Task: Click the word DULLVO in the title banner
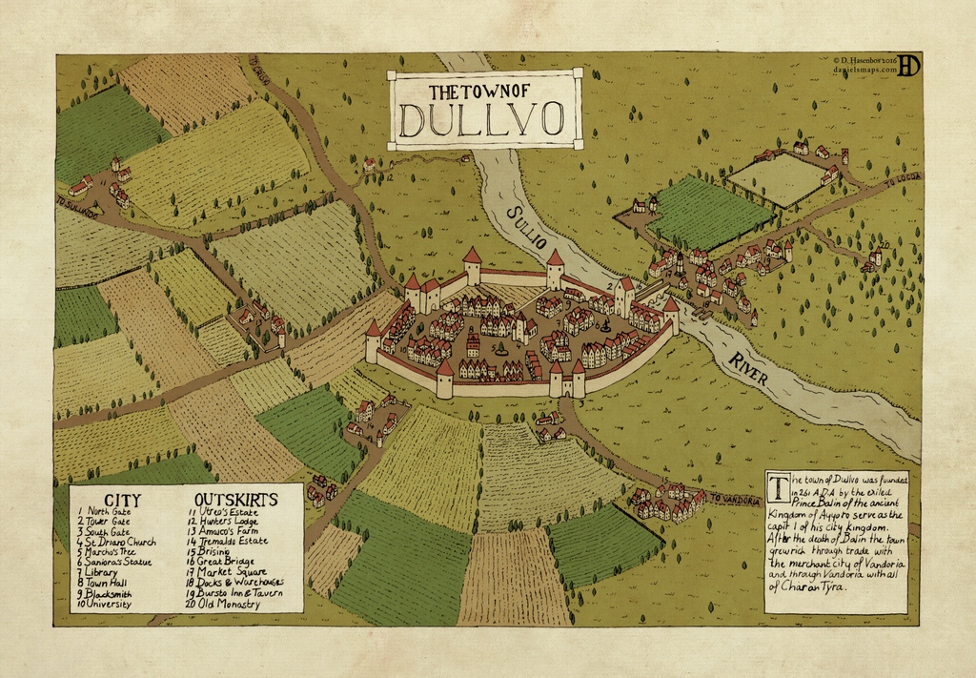480,120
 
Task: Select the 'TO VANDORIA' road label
735,501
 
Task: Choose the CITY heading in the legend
123,500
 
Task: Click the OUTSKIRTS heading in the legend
235,500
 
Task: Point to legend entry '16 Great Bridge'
230,561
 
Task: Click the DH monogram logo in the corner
909,65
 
